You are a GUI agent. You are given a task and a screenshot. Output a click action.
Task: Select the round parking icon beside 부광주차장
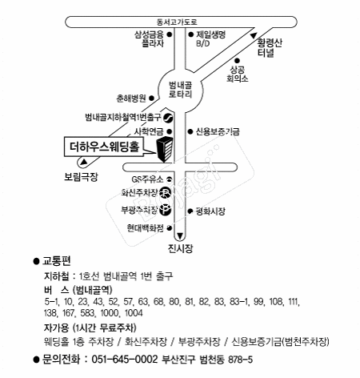click(x=164, y=211)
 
